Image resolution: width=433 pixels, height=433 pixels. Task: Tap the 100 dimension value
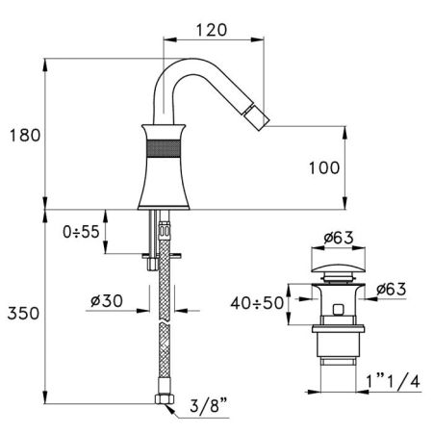tap(324, 167)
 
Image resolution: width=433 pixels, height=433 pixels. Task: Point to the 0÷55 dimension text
tap(76, 231)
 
